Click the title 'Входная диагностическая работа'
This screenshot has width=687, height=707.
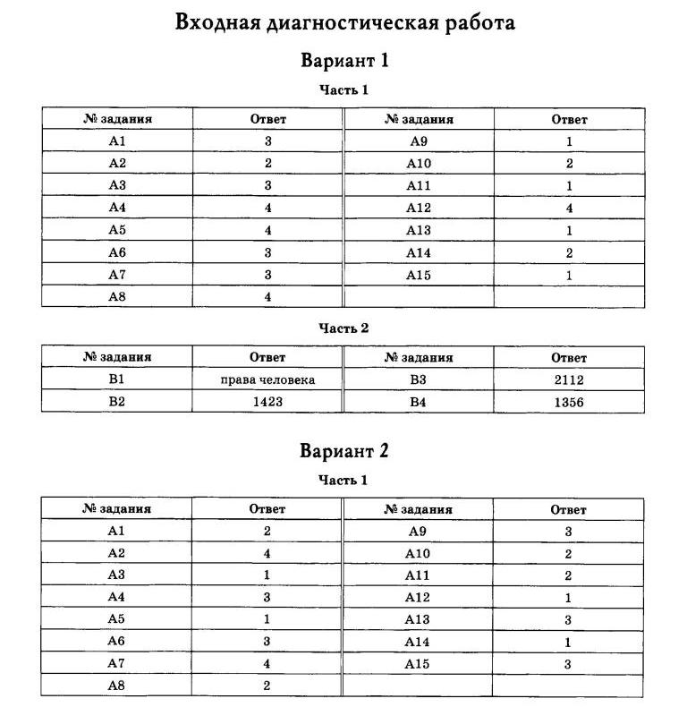click(344, 23)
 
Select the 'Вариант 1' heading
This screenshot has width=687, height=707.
click(344, 62)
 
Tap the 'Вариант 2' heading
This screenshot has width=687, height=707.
click(344, 451)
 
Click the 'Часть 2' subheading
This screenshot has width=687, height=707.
click(344, 328)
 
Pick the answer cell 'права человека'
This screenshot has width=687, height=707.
click(267, 379)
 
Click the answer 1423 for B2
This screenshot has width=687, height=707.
click(267, 402)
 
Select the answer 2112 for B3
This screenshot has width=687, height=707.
click(569, 379)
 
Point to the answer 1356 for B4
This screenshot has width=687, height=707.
click(569, 402)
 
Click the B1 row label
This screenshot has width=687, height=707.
click(117, 379)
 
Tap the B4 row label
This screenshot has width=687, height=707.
click(419, 402)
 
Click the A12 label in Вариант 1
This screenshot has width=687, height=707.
click(419, 208)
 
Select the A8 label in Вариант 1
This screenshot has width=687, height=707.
click(117, 296)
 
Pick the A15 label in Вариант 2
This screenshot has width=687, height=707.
click(418, 664)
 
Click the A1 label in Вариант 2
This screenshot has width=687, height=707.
click(117, 531)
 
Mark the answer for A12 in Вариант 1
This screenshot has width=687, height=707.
click(569, 208)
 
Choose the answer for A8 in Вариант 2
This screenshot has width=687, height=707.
click(267, 686)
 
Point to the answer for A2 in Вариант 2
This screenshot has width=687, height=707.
click(267, 553)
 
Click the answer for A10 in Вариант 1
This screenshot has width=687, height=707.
click(569, 164)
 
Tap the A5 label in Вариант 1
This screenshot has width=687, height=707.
click(117, 230)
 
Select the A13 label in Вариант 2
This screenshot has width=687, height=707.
click(418, 619)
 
